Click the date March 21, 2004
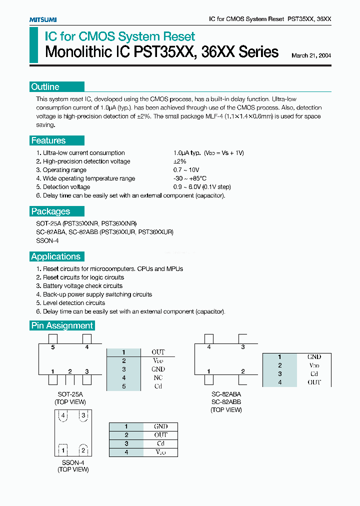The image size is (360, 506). pos(311,55)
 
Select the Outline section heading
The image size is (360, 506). pos(45,87)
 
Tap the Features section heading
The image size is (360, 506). pos(48,140)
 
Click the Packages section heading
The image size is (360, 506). pos(50,211)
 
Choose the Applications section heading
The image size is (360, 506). pos(55,256)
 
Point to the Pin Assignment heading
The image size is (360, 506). pos(62,325)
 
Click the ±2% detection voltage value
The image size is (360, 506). pos(179,161)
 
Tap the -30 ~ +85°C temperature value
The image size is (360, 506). pos(190,178)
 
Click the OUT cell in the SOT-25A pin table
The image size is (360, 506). pos(158,352)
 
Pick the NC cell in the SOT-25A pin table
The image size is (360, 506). pos(158,377)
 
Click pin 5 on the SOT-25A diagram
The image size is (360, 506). pos(52,346)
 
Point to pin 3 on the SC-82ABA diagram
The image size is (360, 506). pos(243,346)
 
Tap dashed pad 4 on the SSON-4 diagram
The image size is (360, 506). pos(63,415)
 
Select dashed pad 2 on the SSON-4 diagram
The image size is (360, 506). pos(83,450)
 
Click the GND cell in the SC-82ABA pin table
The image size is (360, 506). pos(314,357)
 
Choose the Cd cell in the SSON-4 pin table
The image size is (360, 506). pos(160,443)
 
